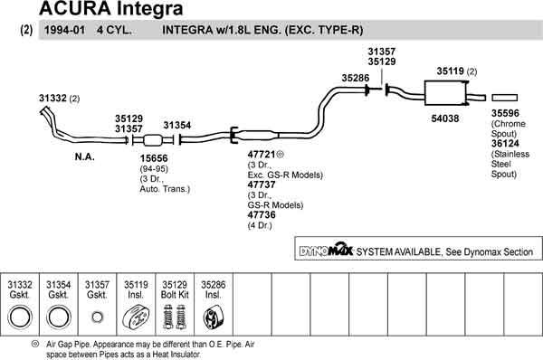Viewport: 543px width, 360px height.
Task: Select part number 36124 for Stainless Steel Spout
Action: tap(506, 142)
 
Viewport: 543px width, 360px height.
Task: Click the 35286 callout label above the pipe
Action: tap(356, 79)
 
